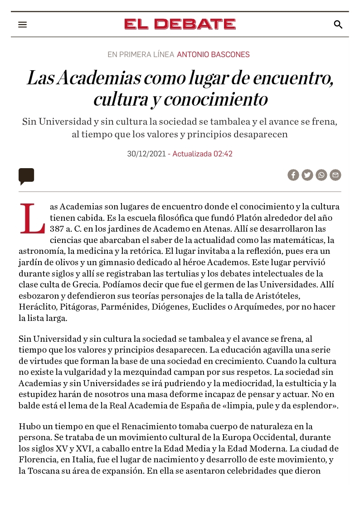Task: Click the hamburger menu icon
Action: coord(23,24)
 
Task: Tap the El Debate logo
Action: coord(180,24)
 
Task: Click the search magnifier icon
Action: coord(338,24)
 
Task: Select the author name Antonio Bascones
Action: coord(213,55)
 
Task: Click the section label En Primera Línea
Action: coord(141,55)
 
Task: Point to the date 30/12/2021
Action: coord(146,154)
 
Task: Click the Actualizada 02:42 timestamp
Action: coord(202,154)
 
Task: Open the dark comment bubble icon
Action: coord(26,176)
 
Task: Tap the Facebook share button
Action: coord(293,175)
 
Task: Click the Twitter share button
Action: coord(307,175)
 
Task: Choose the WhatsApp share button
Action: coord(321,175)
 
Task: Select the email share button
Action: coord(336,175)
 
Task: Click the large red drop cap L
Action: coord(32,219)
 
